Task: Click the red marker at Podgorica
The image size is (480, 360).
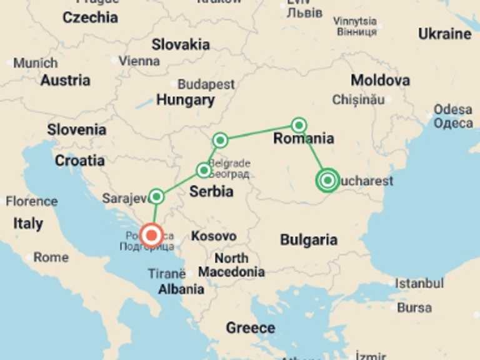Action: (151, 236)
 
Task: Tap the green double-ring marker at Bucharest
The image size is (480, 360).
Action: (327, 181)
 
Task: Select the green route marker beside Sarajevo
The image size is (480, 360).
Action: (156, 196)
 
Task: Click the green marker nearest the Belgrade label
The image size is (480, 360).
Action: (204, 170)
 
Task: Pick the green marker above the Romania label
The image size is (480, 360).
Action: (299, 125)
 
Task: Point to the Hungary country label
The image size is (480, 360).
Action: (185, 99)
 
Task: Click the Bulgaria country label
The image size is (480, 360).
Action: (308, 239)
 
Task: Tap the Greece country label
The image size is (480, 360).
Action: (250, 327)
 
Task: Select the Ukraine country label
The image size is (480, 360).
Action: (444, 34)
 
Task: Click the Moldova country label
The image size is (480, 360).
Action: (380, 80)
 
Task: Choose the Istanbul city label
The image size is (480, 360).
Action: (419, 283)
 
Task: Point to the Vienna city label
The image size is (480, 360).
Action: (139, 61)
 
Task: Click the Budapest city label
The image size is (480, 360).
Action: (206, 84)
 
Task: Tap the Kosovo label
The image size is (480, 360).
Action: (214, 236)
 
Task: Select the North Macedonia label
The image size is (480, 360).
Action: (231, 265)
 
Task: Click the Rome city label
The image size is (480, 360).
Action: (51, 257)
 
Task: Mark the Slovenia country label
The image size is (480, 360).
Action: (76, 130)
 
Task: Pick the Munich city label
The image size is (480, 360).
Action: (35, 63)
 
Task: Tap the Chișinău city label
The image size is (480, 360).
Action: (358, 99)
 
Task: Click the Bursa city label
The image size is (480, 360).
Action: (414, 307)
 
